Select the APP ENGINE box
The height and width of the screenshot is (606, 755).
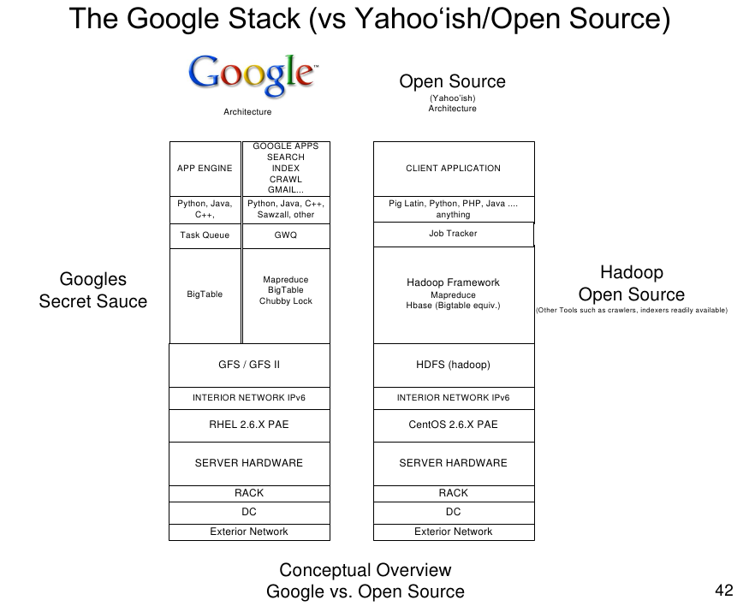pos(205,169)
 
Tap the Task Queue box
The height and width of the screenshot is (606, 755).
pos(205,235)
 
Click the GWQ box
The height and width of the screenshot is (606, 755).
pos(286,235)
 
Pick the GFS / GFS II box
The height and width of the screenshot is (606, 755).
pos(249,365)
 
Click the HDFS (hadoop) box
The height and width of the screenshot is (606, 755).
pos(453,365)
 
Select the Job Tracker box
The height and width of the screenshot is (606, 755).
pos(453,234)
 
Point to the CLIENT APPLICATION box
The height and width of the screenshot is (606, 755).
pos(453,169)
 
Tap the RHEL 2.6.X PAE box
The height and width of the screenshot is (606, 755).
pos(249,425)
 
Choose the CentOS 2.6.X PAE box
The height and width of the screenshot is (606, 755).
pos(453,425)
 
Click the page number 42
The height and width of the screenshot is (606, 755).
pos(723,590)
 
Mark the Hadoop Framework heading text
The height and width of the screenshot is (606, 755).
pos(453,282)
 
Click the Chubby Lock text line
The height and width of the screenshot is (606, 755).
pos(286,301)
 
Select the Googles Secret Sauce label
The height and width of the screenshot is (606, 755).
pos(92,290)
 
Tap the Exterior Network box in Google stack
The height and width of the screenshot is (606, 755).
pos(249,532)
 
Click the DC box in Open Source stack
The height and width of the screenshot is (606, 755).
pos(453,512)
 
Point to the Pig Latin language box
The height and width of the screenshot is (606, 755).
pos(453,210)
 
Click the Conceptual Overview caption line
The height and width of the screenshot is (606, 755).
pos(366,570)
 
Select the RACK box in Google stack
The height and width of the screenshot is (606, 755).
pos(249,493)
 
